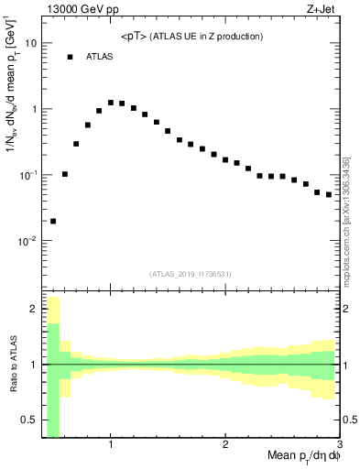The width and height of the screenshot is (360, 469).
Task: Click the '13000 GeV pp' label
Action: (83, 10)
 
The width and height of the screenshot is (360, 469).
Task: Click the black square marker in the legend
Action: (70, 57)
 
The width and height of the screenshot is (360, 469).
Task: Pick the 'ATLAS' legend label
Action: (100, 57)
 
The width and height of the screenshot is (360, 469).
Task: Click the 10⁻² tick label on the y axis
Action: (27, 241)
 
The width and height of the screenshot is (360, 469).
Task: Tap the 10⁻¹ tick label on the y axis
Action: (27, 175)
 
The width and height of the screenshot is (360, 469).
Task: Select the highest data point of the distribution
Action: (111, 103)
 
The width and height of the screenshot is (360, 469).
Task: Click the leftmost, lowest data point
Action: (53, 221)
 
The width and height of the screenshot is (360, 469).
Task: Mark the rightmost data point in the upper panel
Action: (329, 194)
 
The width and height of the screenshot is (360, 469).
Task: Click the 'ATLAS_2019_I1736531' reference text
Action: (191, 274)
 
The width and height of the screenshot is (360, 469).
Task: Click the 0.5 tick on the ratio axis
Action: (31, 422)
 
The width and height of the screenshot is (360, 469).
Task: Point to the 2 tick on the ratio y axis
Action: (34, 309)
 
